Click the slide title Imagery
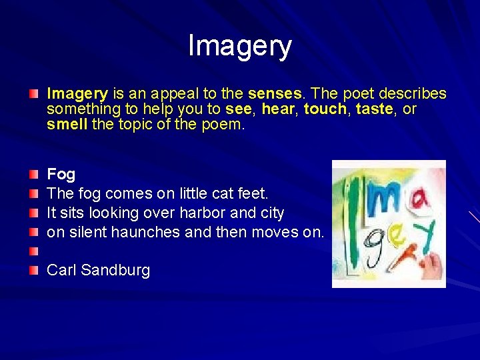pyautogui.click(x=240, y=46)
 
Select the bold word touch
pyautogui.click(x=325, y=109)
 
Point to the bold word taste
pyautogui.click(x=375, y=109)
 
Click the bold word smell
pyautogui.click(x=67, y=125)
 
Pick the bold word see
pyautogui.click(x=238, y=109)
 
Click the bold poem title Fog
pyautogui.click(x=61, y=175)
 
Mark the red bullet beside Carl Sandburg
pyautogui.click(x=34, y=269)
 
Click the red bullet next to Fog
pyautogui.click(x=34, y=173)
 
